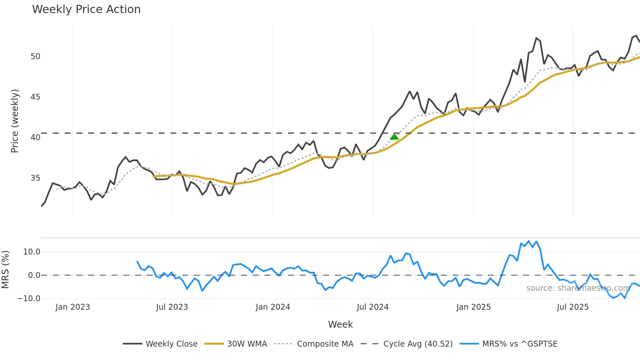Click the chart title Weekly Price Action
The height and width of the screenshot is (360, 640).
(86, 9)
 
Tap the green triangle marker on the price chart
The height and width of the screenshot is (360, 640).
(394, 137)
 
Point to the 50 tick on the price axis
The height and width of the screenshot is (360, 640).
(35, 57)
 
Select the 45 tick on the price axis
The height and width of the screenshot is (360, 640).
(35, 97)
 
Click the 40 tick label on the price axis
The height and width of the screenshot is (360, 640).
(35, 138)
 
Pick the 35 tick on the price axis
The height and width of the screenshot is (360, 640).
(35, 178)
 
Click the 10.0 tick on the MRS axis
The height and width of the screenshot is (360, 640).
(32, 252)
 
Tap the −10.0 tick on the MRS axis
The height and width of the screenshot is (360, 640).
(29, 299)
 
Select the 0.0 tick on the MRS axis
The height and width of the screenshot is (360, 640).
(34, 275)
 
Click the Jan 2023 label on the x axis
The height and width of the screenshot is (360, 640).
(72, 307)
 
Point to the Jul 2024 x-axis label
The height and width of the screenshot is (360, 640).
(373, 307)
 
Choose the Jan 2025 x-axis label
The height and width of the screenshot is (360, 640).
(473, 307)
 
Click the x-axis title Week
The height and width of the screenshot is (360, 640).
(340, 324)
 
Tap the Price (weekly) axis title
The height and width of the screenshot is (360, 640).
(15, 121)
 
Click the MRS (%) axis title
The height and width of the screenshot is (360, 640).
(5, 270)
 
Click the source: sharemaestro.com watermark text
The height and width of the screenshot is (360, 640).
(578, 288)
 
